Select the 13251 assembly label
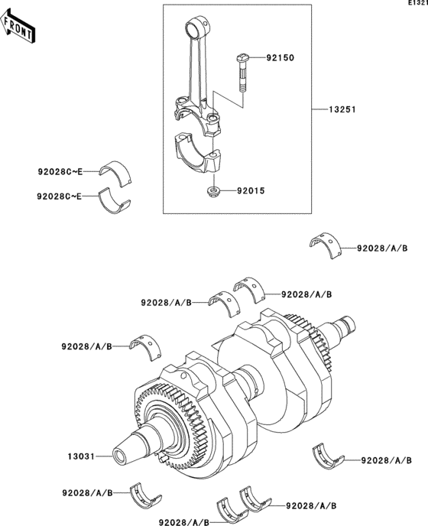click(345, 109)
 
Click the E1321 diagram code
click(417, 4)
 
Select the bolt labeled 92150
click(242, 73)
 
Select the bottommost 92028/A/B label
click(184, 521)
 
